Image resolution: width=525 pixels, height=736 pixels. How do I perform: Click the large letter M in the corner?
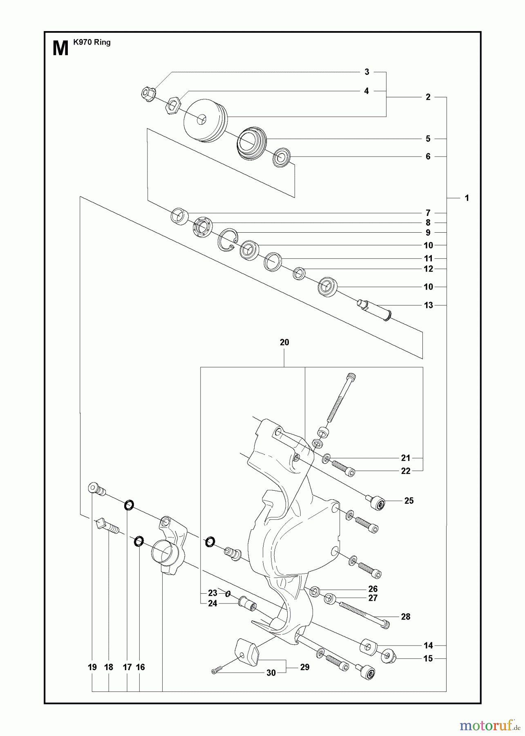pyautogui.click(x=60, y=49)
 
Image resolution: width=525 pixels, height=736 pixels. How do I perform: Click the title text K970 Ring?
pyautogui.click(x=92, y=42)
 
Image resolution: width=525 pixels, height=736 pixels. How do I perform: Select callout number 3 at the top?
pyautogui.click(x=366, y=72)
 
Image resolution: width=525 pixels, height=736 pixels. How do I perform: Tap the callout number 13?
pyautogui.click(x=428, y=305)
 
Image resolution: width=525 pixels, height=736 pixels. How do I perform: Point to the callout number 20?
pyautogui.click(x=284, y=342)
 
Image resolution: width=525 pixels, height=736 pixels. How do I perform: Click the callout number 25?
pyautogui.click(x=409, y=500)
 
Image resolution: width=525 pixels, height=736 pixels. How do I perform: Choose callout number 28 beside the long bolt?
pyautogui.click(x=405, y=617)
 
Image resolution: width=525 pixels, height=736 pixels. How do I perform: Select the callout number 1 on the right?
pyautogui.click(x=467, y=198)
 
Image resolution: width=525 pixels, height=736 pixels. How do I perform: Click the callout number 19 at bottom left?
pyautogui.click(x=92, y=667)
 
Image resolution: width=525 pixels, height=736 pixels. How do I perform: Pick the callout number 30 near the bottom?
pyautogui.click(x=271, y=673)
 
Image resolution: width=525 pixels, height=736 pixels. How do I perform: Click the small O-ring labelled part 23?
pyautogui.click(x=228, y=594)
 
